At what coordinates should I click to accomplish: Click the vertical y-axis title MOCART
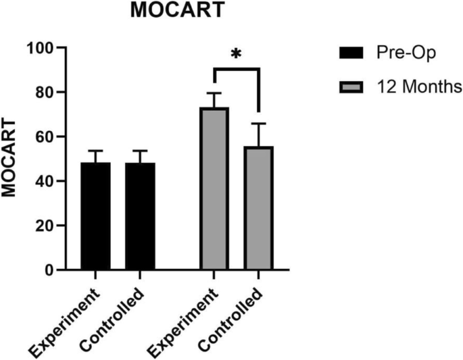click(9, 159)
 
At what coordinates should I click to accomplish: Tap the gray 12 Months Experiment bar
click(214, 189)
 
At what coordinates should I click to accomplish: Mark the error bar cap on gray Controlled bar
click(258, 124)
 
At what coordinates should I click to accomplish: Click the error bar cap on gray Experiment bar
click(214, 93)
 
